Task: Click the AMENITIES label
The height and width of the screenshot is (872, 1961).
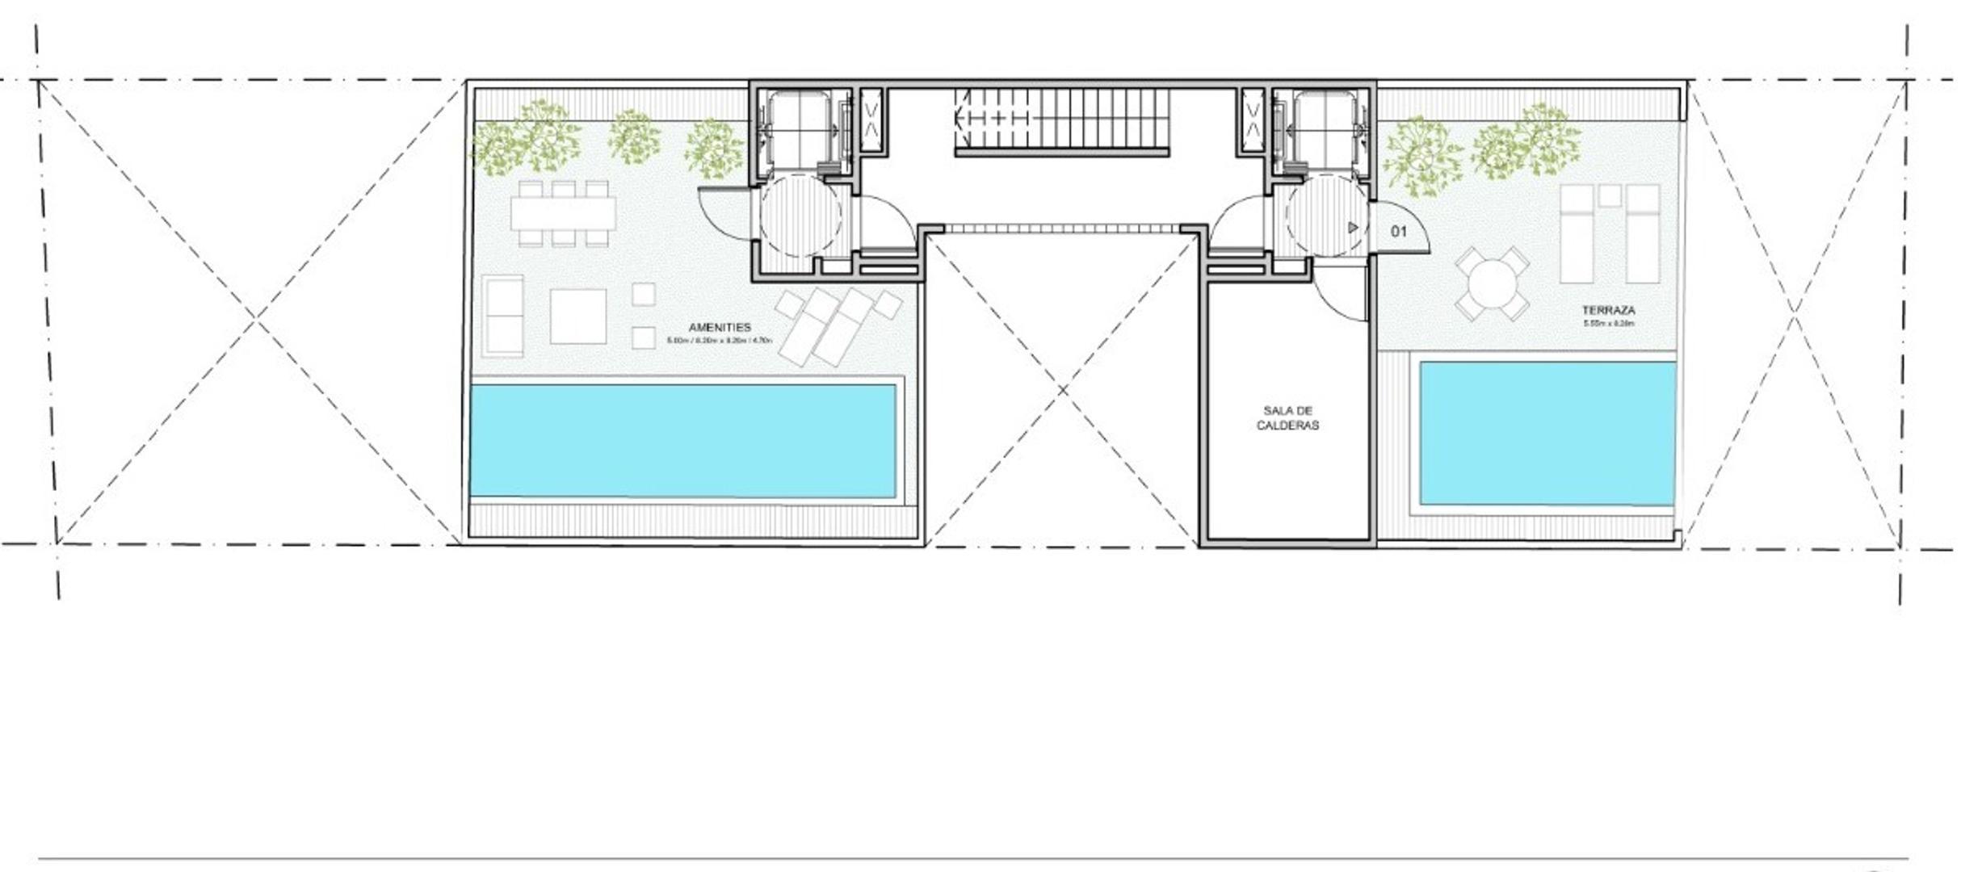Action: click(719, 327)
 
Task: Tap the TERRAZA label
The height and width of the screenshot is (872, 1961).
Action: click(1608, 310)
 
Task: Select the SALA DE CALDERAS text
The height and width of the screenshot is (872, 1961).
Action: click(1287, 418)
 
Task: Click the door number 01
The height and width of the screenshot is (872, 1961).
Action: click(1399, 232)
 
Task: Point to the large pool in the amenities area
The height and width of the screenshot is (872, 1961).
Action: click(682, 441)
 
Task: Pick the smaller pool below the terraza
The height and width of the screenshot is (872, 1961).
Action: click(1547, 433)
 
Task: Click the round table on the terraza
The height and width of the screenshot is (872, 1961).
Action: click(1492, 284)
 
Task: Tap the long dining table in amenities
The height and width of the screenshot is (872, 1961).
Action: click(563, 213)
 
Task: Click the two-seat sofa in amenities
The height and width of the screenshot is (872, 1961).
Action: click(503, 315)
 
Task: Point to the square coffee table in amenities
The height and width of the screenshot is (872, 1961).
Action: click(578, 316)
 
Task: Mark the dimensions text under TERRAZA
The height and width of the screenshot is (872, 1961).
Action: click(1609, 324)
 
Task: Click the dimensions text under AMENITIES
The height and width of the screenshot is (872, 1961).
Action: click(719, 341)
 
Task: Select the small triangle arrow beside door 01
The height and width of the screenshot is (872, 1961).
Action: click(1353, 228)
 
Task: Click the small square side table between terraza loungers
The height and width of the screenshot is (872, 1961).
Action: click(1610, 195)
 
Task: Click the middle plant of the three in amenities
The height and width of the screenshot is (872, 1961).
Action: click(633, 137)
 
